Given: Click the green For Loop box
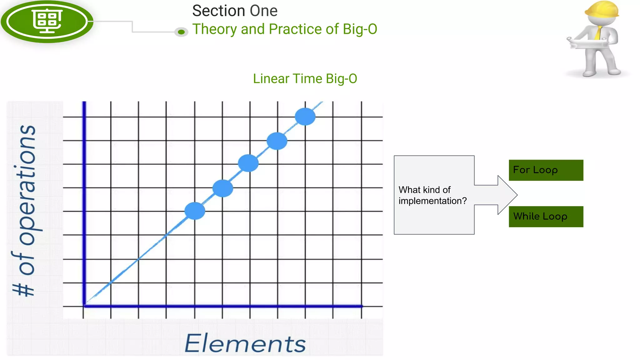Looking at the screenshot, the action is [x=546, y=170].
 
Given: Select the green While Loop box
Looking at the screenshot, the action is [x=546, y=216].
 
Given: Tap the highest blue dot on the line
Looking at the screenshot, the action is [x=305, y=117].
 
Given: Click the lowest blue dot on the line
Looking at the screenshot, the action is [x=195, y=211].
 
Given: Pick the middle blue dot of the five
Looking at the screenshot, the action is [x=248, y=163].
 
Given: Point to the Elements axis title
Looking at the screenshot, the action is [x=245, y=343].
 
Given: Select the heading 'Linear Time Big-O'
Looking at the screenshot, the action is [x=305, y=79].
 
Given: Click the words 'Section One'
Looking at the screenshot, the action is [x=235, y=11].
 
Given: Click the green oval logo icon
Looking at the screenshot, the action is [x=47, y=21].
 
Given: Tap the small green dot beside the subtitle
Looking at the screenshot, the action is [x=181, y=32].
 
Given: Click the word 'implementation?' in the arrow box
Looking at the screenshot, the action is [x=432, y=201].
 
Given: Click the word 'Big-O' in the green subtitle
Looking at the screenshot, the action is [x=360, y=29].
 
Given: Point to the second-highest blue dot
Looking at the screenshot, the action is [x=277, y=141].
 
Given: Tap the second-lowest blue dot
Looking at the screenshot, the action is [x=222, y=188].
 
